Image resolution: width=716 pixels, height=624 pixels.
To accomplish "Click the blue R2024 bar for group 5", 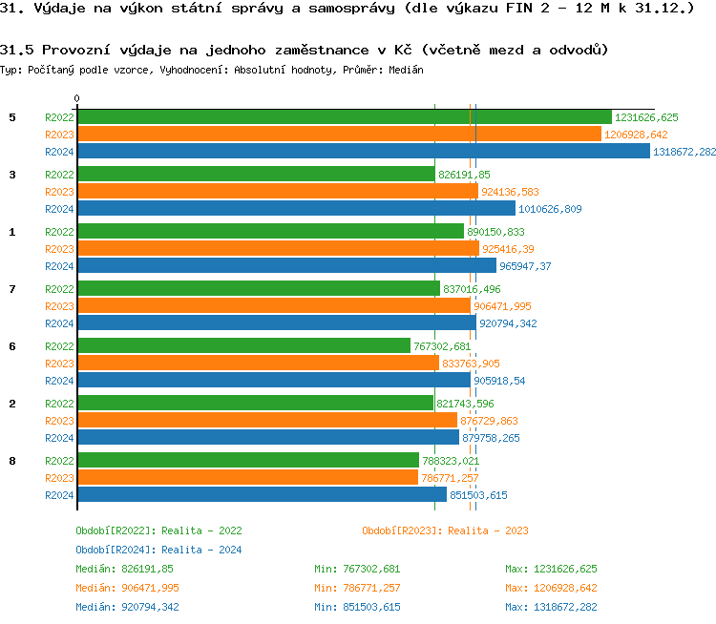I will pos(363,152).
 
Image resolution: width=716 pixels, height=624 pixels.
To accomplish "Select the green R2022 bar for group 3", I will pos(256,175).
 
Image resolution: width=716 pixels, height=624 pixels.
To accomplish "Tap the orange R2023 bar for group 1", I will pos(277,249).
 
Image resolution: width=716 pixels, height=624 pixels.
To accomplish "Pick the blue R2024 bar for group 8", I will pos(262,495).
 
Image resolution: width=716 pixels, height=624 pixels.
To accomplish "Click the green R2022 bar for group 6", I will pos(243,346).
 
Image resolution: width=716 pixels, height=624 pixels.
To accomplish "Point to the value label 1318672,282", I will pos(684,152).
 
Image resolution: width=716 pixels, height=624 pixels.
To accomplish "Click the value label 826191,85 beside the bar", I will pos(464,175).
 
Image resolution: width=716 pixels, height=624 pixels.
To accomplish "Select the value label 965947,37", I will pos(525,266).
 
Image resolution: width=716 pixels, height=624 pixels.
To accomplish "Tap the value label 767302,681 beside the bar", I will pos(442,346).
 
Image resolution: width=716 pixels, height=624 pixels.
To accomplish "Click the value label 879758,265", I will pos(491,438).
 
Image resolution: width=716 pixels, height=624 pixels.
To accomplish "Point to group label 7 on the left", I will pos(12,289).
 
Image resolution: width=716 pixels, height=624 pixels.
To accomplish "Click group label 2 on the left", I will pos(12,404).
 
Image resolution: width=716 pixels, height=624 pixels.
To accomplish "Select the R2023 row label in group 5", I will pos(59,135).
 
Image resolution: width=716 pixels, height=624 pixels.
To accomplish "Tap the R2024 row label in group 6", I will pos(59,381).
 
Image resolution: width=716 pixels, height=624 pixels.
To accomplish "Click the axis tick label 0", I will pos(77,98).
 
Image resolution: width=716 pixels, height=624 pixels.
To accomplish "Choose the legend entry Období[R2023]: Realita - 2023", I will pos(445,530).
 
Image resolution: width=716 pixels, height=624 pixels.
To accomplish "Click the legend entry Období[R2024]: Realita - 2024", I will pos(158,550).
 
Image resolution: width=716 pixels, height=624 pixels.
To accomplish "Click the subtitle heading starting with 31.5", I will pos(305,50).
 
